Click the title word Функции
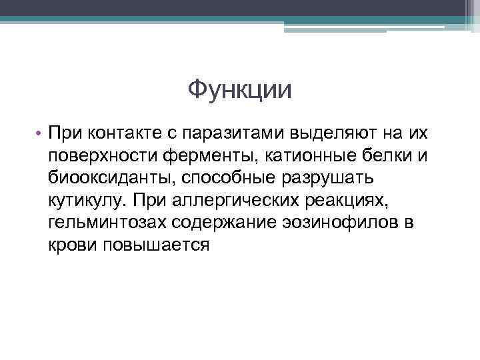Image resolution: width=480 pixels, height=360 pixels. click(x=239, y=89)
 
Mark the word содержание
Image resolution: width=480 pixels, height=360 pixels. click(x=226, y=223)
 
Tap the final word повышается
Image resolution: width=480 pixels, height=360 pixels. click(x=157, y=245)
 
